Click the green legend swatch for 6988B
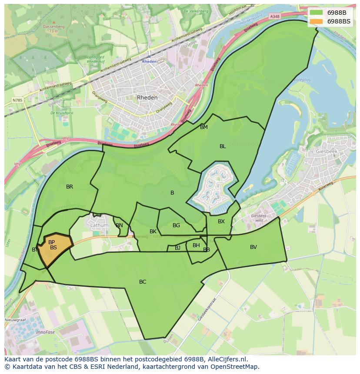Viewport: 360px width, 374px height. (x=317, y=13)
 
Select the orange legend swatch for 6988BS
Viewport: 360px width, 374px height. (x=317, y=21)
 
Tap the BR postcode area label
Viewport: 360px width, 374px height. (x=70, y=187)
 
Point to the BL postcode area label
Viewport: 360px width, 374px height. (x=223, y=146)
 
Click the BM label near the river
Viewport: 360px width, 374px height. (x=204, y=127)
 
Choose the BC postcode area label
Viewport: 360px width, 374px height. (x=143, y=282)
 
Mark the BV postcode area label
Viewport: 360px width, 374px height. (x=253, y=247)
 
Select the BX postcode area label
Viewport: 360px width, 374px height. (x=221, y=222)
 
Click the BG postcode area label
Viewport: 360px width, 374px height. (x=176, y=225)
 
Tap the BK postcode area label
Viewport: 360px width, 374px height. (x=153, y=232)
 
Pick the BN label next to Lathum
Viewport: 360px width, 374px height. (x=119, y=225)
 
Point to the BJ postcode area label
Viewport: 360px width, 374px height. (x=177, y=248)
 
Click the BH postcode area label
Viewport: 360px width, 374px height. (x=196, y=245)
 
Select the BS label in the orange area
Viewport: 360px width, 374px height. (x=53, y=248)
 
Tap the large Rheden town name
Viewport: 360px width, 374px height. (x=147, y=98)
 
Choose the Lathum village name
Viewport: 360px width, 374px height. (x=99, y=226)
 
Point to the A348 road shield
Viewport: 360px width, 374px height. (x=274, y=17)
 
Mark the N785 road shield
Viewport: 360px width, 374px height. (x=17, y=100)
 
